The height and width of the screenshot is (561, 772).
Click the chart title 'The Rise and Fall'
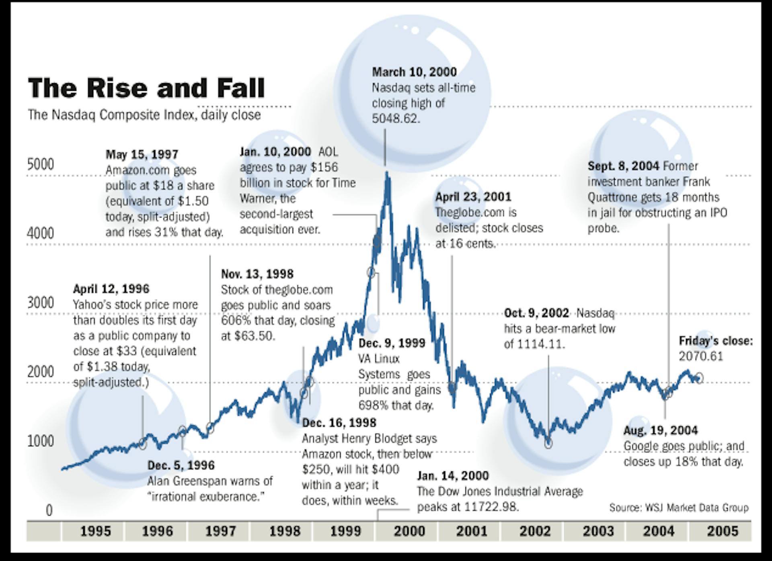coord(146,88)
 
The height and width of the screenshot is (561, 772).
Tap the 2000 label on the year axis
coord(409,531)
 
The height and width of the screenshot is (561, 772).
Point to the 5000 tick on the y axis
coord(40,164)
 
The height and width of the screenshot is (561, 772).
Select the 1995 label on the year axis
coord(95,531)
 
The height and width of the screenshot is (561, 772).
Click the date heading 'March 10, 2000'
coord(414,72)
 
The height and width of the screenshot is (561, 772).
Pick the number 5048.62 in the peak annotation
coord(396,119)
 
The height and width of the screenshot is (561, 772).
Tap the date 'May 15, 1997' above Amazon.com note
coord(142,154)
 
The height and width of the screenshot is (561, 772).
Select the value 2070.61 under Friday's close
coord(701,356)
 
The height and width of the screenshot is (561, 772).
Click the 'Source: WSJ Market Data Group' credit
coord(679,508)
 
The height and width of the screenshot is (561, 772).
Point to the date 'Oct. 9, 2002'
coord(536,313)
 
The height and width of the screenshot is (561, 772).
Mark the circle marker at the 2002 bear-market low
coord(548,444)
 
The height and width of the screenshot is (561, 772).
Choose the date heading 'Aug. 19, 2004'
coord(660,431)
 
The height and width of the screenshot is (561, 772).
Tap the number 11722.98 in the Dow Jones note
coord(491,507)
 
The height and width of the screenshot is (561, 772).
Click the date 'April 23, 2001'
coord(473,197)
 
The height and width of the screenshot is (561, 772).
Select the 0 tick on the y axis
coord(49,510)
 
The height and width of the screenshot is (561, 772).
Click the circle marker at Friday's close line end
coord(699,378)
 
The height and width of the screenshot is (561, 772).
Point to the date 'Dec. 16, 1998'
coord(339,423)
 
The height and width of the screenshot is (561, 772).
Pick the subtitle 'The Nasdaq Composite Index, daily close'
coord(144,115)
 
